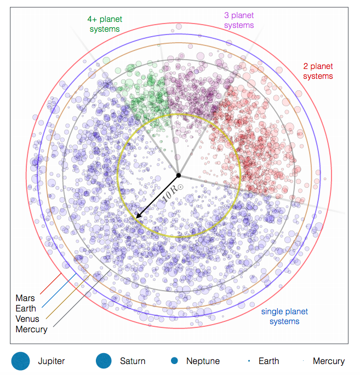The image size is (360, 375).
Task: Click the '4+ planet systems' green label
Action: coord(105,24)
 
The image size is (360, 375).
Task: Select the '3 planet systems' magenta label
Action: coord(239,20)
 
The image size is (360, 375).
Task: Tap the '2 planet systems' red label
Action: coord(318,71)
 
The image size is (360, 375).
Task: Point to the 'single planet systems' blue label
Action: coord(284,316)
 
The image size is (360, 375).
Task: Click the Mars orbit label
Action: coord(25,298)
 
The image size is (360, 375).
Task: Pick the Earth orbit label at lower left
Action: coord(26,308)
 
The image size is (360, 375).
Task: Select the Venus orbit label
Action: coord(27,319)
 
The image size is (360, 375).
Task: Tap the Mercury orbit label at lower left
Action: coord(31,330)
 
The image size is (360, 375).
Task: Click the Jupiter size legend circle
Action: coord(21,361)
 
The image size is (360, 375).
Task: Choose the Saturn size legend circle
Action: coord(104,361)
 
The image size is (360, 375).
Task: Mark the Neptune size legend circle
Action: coord(174,361)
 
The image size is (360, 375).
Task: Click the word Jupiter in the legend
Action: coord(51,361)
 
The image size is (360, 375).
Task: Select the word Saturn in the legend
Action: coord(133,361)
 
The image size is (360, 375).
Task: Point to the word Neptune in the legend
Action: coord(203,361)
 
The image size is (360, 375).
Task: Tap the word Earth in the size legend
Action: coord(269,361)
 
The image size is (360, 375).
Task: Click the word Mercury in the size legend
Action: coord(329,361)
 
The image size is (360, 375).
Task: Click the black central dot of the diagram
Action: coord(179,176)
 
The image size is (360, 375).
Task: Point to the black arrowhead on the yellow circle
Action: coord(138,216)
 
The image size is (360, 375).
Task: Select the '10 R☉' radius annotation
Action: coord(173,193)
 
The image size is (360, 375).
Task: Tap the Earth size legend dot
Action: coord(249,361)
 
